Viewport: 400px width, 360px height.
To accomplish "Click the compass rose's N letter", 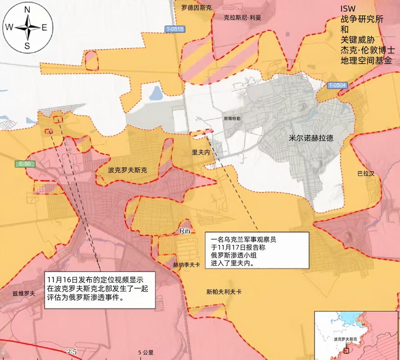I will [x=27, y=10].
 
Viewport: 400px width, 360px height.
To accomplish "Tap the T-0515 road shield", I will [x=174, y=29].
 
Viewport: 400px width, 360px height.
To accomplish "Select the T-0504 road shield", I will [x=337, y=85].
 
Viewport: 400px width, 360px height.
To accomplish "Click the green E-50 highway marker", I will [x=25, y=164].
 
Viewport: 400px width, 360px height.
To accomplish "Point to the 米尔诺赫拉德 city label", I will [x=311, y=138].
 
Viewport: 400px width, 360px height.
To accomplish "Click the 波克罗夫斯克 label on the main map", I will [x=127, y=170].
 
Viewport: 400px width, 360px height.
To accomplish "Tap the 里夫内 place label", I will [x=201, y=152].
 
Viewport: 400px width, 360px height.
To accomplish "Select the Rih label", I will [x=185, y=231].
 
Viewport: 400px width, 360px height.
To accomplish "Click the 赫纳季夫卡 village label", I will [x=186, y=265].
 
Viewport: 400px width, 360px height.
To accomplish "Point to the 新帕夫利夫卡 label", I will [x=224, y=292].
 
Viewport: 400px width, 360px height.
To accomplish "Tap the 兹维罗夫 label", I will [x=24, y=293].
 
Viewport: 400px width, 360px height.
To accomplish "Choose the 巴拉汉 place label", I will [x=366, y=173].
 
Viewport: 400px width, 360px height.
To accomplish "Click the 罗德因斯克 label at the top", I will [x=196, y=8].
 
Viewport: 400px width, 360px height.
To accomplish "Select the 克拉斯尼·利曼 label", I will [x=242, y=17].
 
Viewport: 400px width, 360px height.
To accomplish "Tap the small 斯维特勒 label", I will [x=232, y=119].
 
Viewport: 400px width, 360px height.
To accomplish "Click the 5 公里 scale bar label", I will [x=146, y=352].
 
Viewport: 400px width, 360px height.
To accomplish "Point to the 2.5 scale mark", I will [x=71, y=352].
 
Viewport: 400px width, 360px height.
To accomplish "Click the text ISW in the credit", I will [x=348, y=9].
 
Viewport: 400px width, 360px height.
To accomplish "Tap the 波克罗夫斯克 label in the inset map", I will [x=345, y=339].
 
